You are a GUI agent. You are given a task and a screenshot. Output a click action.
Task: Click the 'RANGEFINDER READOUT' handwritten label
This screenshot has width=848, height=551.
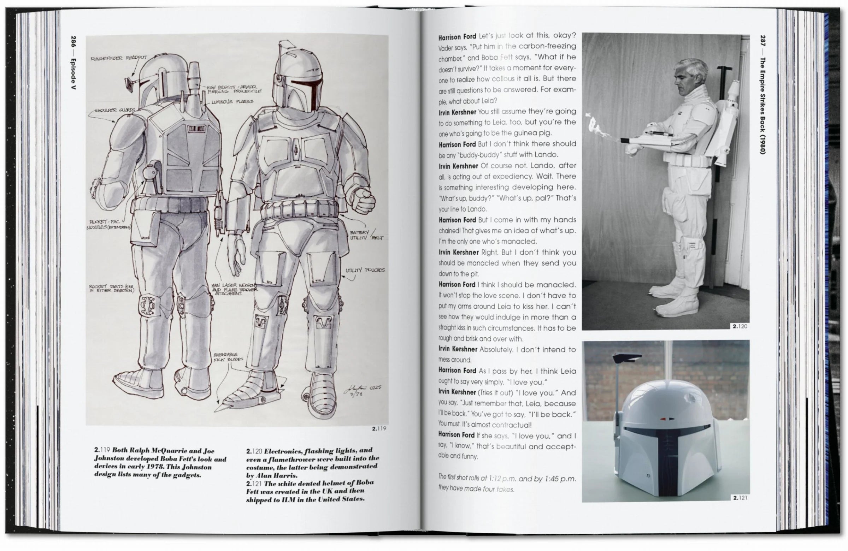[x=118, y=58]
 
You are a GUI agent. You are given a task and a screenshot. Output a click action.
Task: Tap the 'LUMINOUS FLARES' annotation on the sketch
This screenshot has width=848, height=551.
[x=232, y=102]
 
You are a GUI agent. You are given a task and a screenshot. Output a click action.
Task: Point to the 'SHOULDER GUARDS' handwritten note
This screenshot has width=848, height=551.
[x=115, y=110]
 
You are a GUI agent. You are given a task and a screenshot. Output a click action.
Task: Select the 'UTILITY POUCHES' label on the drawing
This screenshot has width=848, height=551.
[x=365, y=270]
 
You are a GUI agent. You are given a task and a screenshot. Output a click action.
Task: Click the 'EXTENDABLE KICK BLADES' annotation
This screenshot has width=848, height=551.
[x=228, y=357]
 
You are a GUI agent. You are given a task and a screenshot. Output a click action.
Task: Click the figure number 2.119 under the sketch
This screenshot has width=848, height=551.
[x=379, y=428]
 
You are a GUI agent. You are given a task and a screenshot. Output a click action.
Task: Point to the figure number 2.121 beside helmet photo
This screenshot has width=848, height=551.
[x=740, y=498]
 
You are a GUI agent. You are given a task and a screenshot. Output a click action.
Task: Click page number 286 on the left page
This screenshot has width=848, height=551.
[x=74, y=43]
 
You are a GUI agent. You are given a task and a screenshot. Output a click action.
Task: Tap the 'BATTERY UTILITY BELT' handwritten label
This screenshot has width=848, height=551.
[x=365, y=235]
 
